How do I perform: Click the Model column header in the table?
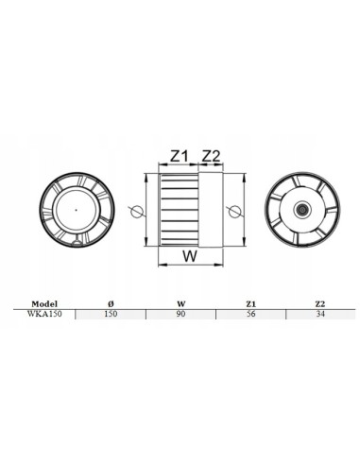pos(43,303)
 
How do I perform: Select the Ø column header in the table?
pos(112,303)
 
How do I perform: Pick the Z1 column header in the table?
pos(250,303)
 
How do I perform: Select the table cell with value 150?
pos(112,313)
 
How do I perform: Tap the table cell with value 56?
pos(250,313)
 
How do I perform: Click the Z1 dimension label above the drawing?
pos(180,154)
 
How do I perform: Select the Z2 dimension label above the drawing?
pos(212,154)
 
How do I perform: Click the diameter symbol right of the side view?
pos(233,207)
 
